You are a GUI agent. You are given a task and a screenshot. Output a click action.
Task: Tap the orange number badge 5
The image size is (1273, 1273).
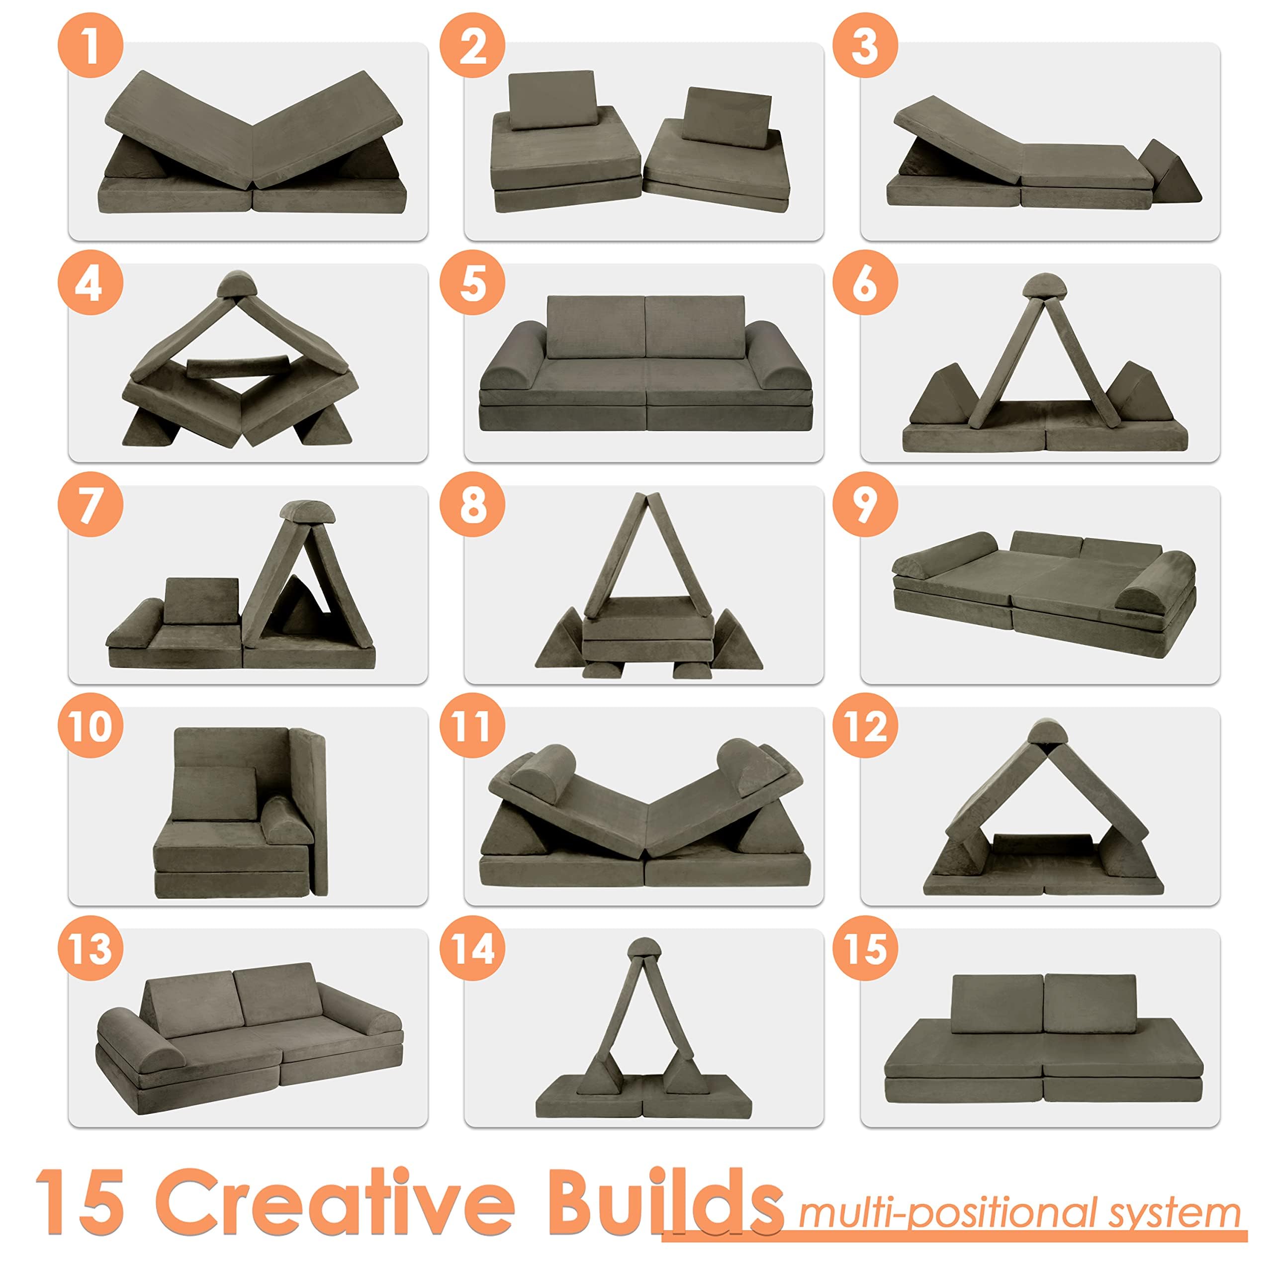472,284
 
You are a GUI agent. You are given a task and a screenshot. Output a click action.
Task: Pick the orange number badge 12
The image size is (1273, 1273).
864,727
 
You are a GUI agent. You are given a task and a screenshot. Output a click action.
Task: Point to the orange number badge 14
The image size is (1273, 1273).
472,949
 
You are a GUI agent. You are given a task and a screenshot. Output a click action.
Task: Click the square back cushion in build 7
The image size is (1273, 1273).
200,601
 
